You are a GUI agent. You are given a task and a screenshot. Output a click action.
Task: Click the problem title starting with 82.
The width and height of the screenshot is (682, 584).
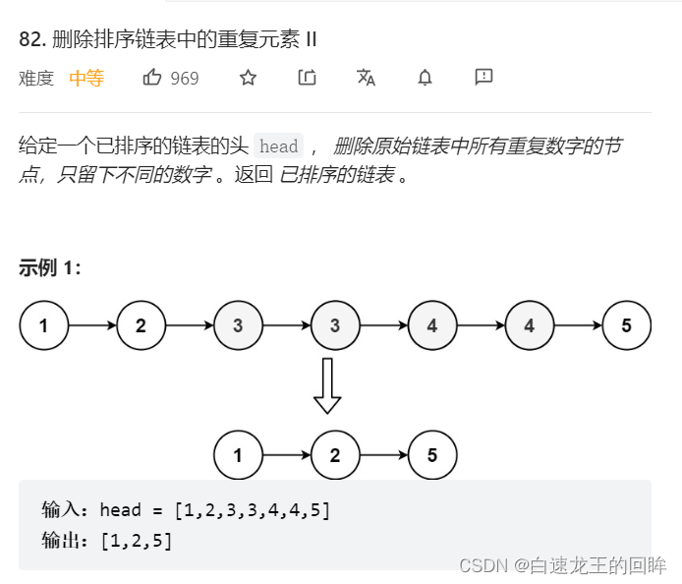click(168, 39)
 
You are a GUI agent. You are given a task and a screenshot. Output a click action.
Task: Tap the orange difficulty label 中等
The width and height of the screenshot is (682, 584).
click(86, 79)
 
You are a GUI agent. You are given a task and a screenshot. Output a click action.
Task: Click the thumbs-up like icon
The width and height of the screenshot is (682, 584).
click(152, 78)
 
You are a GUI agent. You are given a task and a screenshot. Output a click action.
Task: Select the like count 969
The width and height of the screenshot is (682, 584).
click(185, 79)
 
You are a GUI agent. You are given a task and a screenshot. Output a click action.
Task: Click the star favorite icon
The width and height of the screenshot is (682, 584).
click(248, 78)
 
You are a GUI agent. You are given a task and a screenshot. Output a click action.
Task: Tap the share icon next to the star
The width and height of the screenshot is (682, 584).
click(307, 78)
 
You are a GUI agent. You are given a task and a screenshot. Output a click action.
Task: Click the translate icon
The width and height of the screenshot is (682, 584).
click(366, 78)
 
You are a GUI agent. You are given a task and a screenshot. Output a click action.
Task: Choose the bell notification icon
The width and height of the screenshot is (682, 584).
click(425, 78)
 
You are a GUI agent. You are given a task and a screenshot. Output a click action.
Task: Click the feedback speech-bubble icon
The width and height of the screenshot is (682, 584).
click(483, 78)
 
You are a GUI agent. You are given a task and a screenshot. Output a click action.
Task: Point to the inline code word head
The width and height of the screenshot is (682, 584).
click(278, 146)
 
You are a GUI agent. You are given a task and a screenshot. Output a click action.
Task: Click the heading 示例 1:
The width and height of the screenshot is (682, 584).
click(50, 268)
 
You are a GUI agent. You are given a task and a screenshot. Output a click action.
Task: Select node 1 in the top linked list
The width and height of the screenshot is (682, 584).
click(43, 326)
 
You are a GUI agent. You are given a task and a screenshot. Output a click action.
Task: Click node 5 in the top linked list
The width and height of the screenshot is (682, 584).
click(626, 326)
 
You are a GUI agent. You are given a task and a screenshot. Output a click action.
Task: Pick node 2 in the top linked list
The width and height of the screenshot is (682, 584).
click(141, 326)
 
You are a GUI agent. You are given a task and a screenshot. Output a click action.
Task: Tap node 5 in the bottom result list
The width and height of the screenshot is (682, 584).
click(432, 455)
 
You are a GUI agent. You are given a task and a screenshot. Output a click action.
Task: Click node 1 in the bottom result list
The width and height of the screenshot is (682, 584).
click(238, 455)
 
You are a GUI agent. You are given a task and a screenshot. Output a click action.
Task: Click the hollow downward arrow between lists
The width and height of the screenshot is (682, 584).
click(327, 385)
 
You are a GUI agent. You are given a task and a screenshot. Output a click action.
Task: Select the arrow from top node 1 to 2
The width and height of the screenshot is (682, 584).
click(92, 326)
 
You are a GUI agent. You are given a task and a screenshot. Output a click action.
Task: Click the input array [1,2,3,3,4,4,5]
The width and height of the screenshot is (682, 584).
click(252, 510)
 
